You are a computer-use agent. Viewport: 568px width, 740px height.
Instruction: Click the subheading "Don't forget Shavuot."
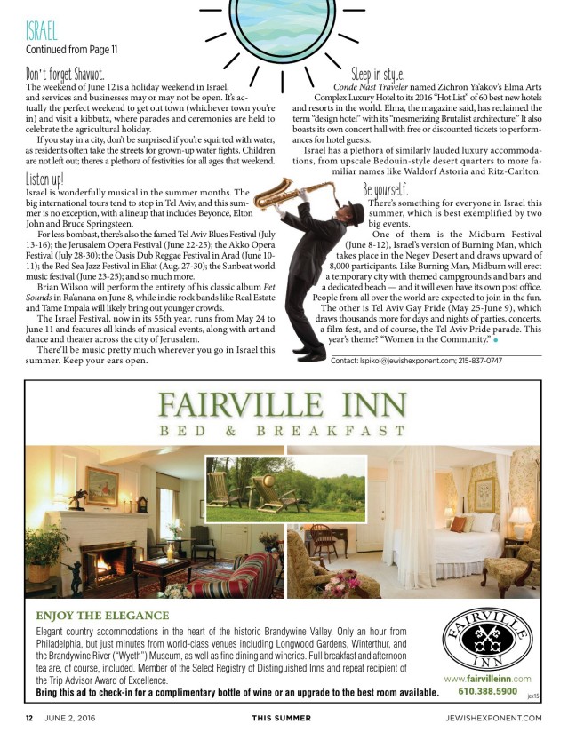(x=65, y=74)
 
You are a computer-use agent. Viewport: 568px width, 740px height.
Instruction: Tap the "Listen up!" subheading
(x=44, y=180)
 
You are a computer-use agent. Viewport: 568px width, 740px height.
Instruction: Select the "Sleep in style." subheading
(x=378, y=74)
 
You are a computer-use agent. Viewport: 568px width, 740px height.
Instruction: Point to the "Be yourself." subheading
(x=386, y=190)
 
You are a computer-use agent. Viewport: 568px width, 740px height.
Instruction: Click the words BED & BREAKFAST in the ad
(x=283, y=432)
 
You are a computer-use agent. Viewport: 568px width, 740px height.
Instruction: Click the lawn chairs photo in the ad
(x=259, y=489)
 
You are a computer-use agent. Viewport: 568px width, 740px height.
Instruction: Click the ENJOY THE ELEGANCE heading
(x=102, y=615)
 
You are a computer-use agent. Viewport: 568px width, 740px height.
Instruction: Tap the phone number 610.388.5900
(x=488, y=691)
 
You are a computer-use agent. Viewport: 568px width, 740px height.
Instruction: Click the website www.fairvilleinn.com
(x=487, y=679)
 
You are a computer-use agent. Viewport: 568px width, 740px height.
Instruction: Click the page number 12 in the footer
(x=28, y=718)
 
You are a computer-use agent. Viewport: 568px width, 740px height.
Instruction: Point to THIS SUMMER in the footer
(x=281, y=718)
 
